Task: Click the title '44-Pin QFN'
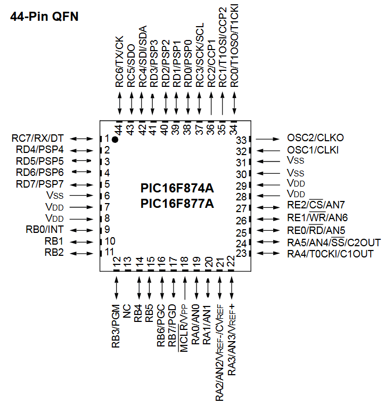tap(44, 17)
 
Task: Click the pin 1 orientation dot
tap(114, 139)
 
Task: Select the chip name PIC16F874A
tap(177, 188)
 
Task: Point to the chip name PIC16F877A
tap(177, 203)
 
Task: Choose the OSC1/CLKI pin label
tap(313, 150)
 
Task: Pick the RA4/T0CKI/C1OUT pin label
tap(330, 253)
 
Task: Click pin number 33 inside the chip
tap(242, 140)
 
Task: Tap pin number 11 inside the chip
tap(110, 252)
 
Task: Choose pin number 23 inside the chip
tap(242, 254)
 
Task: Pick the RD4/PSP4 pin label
tap(39, 150)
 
